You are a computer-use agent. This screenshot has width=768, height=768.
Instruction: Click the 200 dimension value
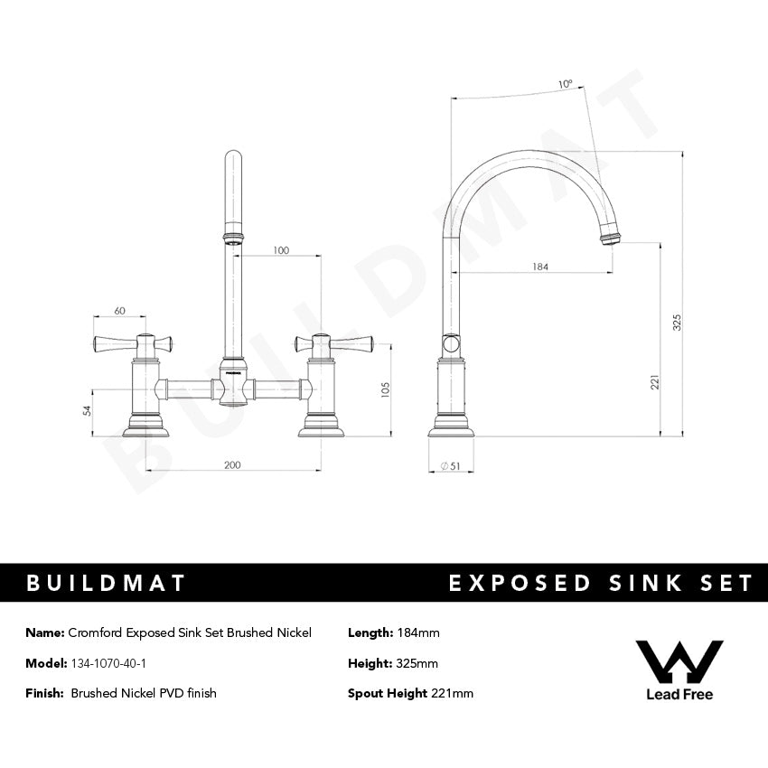232,464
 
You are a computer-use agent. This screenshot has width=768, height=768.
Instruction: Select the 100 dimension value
281,250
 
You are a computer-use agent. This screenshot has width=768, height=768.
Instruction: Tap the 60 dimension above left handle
119,311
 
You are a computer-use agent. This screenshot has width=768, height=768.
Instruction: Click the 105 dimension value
385,389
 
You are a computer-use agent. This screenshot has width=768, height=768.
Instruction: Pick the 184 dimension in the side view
540,267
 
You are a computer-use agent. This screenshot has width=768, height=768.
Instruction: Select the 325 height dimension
677,322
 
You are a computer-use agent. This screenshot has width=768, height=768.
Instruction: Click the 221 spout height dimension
656,382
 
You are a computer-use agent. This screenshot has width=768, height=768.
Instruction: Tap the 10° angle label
566,84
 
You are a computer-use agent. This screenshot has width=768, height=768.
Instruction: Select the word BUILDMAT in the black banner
106,583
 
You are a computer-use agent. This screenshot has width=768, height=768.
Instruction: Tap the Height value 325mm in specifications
417,663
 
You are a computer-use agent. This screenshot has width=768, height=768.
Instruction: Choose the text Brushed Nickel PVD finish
144,693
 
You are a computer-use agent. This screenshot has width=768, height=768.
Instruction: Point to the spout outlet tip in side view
611,239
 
